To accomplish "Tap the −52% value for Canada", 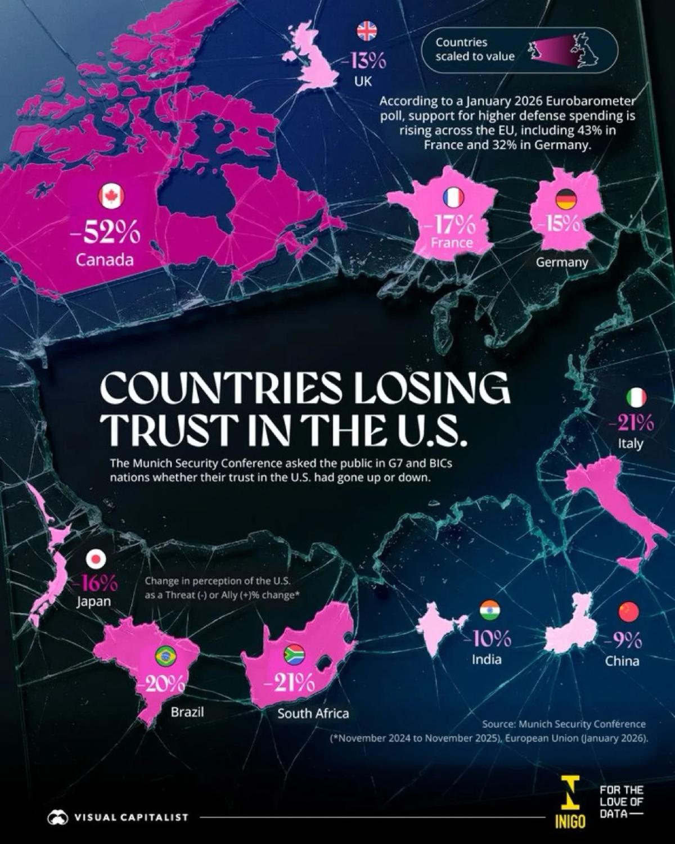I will (x=105, y=233).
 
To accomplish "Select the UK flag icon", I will (x=367, y=31).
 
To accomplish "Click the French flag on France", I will (x=453, y=197).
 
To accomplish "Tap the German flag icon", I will (x=565, y=198).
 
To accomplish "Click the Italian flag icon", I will (x=636, y=398).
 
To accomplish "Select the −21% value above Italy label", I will (x=631, y=422).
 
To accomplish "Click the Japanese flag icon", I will (x=96, y=559).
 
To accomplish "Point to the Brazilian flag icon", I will (x=165, y=655).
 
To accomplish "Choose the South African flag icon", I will (x=293, y=653).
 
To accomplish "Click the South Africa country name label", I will (x=313, y=714).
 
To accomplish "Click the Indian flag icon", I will (x=489, y=610).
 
